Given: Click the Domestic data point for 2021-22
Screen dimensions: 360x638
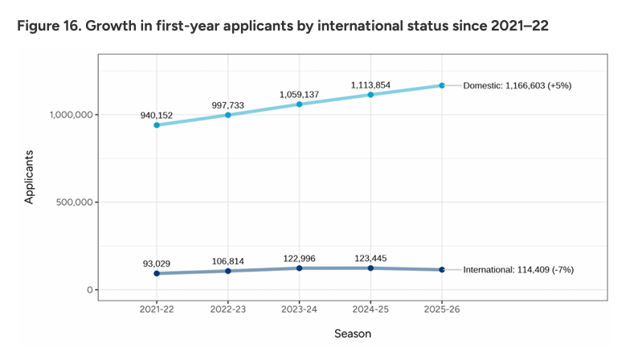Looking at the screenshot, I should pos(157,125).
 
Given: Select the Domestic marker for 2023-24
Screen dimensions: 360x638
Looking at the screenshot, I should pos(299,104).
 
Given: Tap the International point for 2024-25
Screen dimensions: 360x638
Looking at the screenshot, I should pos(370,268).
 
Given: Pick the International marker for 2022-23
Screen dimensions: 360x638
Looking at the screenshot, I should pos(228,271).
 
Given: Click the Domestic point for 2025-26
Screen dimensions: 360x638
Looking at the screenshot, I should pos(441,85).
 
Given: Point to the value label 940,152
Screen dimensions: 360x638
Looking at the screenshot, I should pos(157,114).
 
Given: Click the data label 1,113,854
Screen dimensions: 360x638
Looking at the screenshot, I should pos(370,84).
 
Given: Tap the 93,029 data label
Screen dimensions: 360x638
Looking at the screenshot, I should pos(157,263).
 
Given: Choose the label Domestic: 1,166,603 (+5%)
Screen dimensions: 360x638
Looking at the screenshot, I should pos(519,85).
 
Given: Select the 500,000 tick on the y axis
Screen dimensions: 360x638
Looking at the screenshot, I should pos(68,202).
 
